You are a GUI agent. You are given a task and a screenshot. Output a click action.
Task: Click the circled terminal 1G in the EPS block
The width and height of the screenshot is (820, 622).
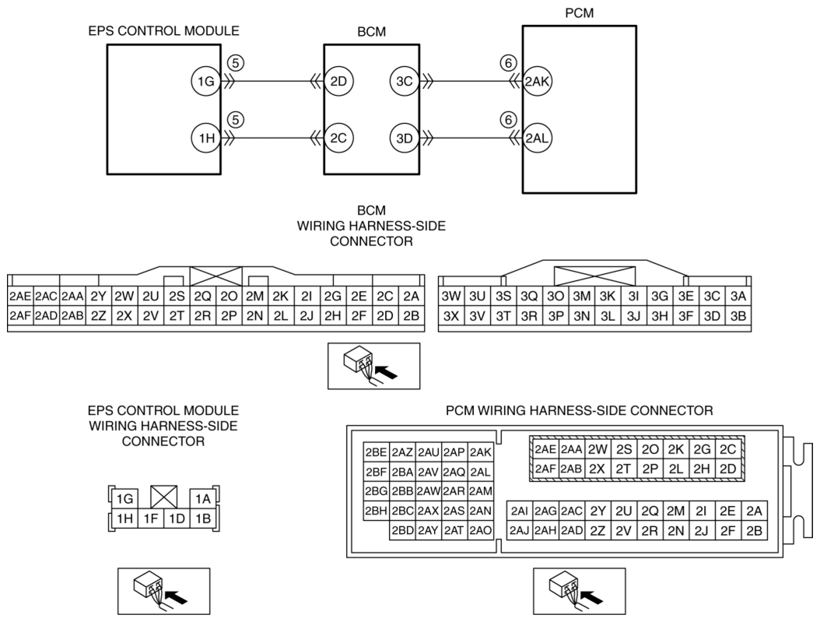(206, 81)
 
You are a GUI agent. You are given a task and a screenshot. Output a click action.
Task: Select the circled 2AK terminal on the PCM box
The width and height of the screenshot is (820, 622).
(537, 81)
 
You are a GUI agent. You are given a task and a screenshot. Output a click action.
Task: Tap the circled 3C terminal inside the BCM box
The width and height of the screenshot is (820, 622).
(405, 81)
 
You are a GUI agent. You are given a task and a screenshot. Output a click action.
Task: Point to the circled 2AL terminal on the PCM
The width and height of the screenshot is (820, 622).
(537, 138)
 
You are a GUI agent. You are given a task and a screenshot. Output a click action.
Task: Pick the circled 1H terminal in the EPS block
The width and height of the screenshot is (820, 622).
(206, 138)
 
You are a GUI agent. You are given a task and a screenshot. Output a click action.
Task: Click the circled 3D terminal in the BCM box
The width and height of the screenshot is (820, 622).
(405, 138)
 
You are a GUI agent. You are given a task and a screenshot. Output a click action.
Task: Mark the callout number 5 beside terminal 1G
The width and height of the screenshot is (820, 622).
(236, 63)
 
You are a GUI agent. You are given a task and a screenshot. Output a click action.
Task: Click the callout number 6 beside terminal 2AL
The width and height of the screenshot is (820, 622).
(508, 121)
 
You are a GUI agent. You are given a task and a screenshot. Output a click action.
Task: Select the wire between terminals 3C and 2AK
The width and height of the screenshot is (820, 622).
(471, 82)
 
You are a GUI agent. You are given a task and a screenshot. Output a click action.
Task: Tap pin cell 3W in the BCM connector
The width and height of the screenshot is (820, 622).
(450, 297)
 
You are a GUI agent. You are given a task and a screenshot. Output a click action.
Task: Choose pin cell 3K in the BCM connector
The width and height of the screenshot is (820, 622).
(608, 297)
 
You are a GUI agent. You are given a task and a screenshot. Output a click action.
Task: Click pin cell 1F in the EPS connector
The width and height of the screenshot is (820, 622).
(151, 518)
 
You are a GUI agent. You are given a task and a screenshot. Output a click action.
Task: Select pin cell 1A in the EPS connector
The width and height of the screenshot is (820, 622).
(203, 499)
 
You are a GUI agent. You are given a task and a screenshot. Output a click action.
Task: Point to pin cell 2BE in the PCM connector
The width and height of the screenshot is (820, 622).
(377, 452)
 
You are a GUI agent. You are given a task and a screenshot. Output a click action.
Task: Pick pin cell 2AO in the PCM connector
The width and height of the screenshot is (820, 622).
(481, 530)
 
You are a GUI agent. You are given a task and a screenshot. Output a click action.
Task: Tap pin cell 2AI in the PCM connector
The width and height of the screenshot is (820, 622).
(520, 511)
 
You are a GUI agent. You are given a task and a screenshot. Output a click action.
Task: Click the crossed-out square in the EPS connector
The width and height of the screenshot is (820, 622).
(163, 497)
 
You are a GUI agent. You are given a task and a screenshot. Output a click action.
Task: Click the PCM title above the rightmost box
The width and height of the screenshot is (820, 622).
(580, 13)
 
